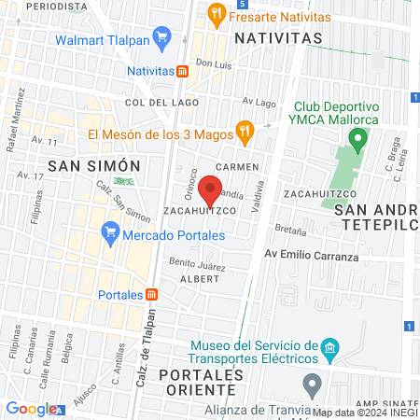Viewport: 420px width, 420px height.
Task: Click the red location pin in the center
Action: (x=211, y=189)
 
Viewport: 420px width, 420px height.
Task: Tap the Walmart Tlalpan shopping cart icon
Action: (x=162, y=39)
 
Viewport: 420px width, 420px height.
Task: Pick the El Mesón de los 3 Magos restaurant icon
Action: (x=245, y=133)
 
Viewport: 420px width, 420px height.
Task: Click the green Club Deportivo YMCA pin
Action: (x=357, y=140)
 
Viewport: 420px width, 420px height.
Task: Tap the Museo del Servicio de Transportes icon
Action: (x=329, y=351)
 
